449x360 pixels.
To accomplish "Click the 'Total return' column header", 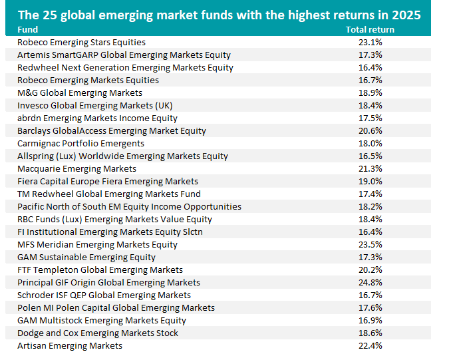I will coord(370,29).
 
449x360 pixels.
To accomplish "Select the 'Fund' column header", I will coord(28,29).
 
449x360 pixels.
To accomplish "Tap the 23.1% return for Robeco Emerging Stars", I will coord(370,42).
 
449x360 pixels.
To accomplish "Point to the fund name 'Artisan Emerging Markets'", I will coord(70,346).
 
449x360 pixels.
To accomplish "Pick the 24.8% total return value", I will coord(370,283).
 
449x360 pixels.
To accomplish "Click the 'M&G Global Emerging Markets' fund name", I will coord(80,92).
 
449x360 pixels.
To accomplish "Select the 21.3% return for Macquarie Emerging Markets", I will coord(370,168).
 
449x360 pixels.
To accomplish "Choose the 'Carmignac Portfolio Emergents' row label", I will coord(80,143).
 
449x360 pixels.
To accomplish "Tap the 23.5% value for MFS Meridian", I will coord(370,244).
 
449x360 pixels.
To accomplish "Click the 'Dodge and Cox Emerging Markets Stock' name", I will coord(98,333).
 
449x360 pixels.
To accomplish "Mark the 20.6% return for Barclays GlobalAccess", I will coord(370,130).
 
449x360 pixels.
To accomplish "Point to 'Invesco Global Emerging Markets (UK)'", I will coord(94,105).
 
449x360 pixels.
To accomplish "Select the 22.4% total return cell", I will coord(370,346).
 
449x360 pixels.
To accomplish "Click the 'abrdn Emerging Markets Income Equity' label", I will coord(98,118).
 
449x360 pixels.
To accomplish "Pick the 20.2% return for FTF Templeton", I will coord(370,270).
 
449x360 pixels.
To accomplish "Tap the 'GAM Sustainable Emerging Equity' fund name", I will coord(86,257).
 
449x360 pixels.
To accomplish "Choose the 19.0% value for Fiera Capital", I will coord(370,181).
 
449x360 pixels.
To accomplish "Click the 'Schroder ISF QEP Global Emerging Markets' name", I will coord(104,295).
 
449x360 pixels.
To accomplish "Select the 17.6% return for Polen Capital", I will coord(370,307).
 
